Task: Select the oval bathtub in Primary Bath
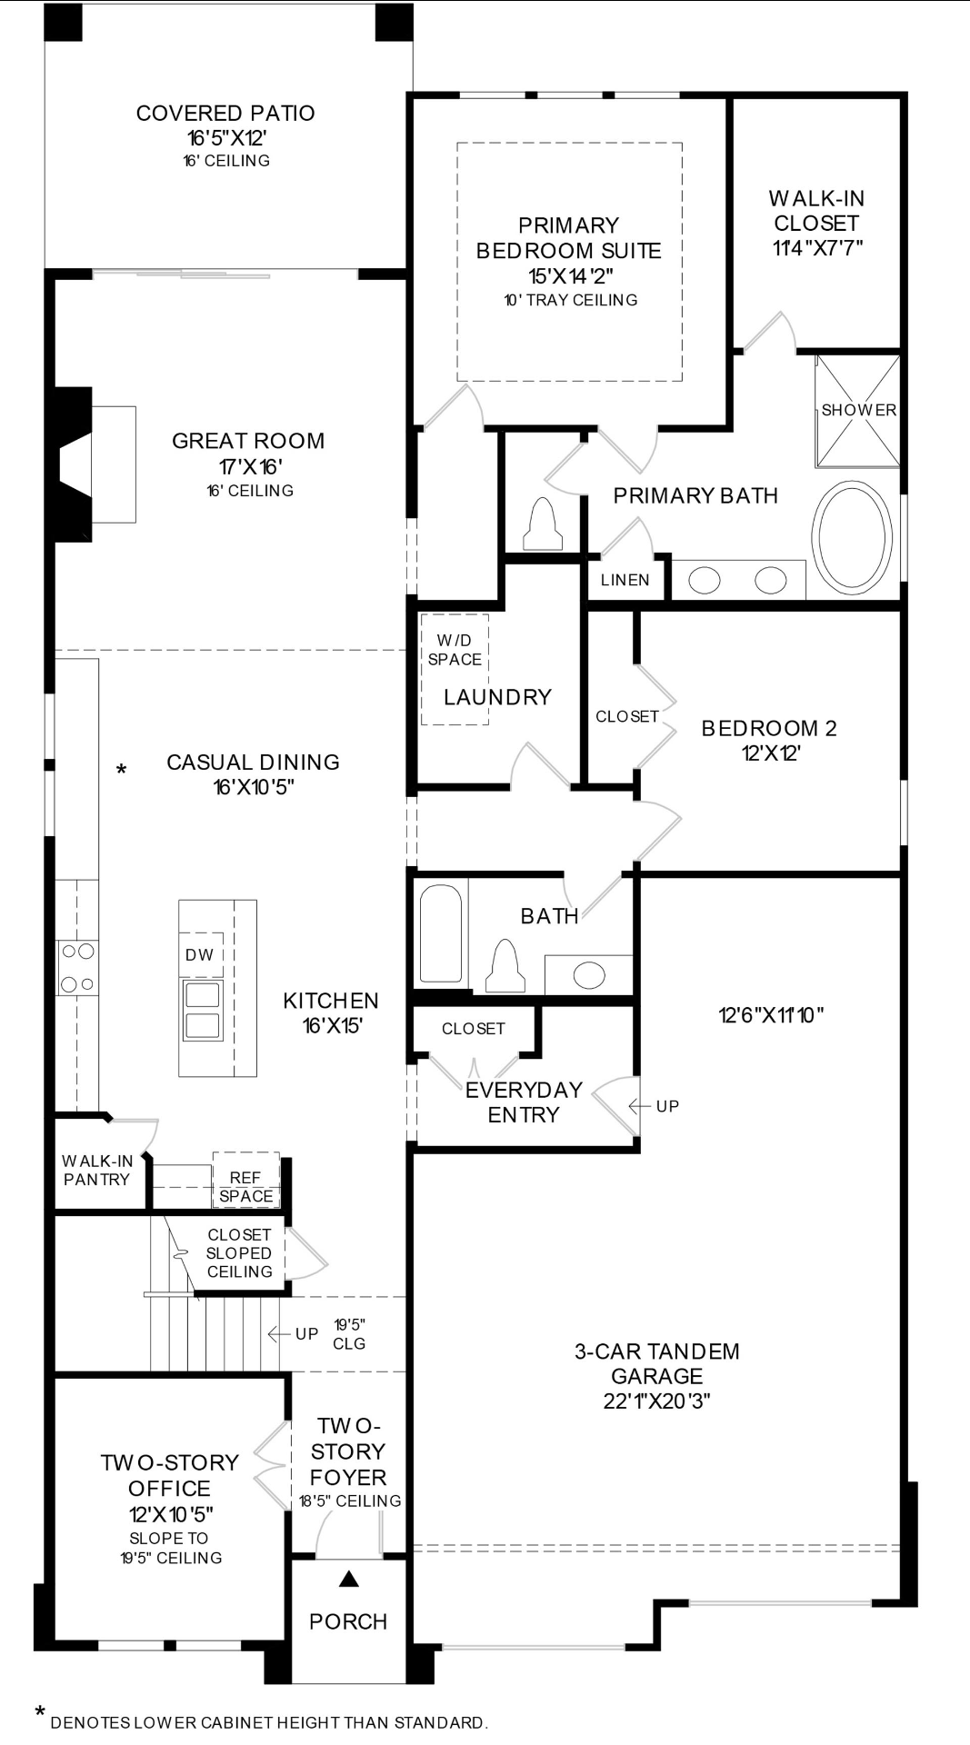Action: click(x=852, y=538)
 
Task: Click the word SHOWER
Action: click(x=859, y=410)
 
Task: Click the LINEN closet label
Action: click(x=625, y=580)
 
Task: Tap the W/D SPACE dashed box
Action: click(x=455, y=669)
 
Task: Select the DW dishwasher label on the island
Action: click(x=200, y=954)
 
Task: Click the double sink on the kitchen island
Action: click(x=202, y=1009)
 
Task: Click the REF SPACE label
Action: click(x=245, y=1187)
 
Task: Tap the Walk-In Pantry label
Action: click(x=97, y=1171)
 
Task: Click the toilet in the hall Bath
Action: click(x=505, y=965)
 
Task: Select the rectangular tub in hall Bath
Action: click(x=441, y=933)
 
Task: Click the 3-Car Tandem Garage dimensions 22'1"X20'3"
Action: click(x=656, y=1401)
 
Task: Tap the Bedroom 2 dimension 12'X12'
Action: click(x=771, y=753)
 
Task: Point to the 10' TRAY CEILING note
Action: click(x=571, y=300)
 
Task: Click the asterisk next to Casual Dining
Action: click(x=121, y=771)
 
